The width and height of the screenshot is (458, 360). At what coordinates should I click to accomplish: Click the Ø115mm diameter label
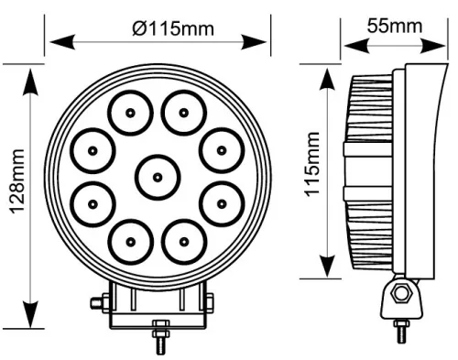coord(173,28)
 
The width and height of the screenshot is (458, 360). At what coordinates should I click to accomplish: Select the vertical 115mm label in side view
coord(311,174)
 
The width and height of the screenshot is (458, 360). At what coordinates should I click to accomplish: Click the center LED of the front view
coord(157,176)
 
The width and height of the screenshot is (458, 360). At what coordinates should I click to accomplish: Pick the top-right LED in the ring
coord(184,113)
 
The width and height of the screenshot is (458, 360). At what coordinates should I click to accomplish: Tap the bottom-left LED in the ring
coord(130,241)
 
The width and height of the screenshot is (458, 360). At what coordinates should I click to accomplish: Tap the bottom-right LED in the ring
coord(184,241)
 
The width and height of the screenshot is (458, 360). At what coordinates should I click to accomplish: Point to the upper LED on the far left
coord(93,149)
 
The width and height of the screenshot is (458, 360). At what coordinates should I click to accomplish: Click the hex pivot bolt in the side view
coord(400,294)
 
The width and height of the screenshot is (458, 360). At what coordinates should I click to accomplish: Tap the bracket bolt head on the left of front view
coord(97,302)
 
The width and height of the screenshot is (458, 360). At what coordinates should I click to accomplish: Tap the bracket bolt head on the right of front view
coord(209,302)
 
